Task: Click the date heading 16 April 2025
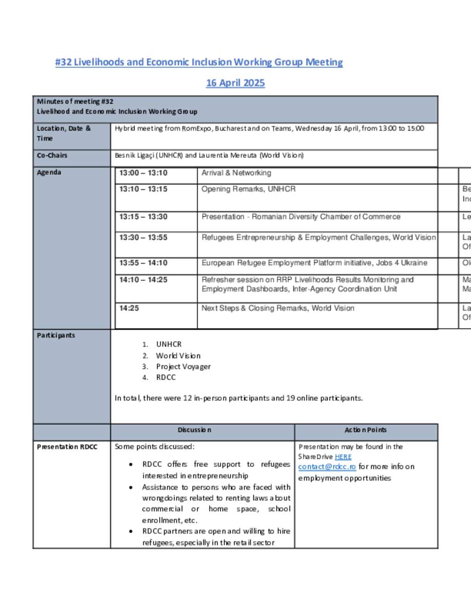[x=235, y=83]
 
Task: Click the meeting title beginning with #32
[x=199, y=63]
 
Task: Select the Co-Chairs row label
[x=52, y=155]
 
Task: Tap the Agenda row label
[x=49, y=172]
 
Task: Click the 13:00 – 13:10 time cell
[x=143, y=173]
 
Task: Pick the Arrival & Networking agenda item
[x=236, y=173]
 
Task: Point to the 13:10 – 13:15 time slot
[x=143, y=189]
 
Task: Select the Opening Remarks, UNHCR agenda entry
[x=248, y=189]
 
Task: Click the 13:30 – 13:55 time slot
[x=143, y=238]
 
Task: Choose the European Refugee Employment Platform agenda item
[x=314, y=263]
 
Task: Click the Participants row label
[x=56, y=336]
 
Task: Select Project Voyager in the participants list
[x=183, y=367]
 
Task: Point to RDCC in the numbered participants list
[x=166, y=377]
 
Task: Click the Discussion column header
[x=195, y=430]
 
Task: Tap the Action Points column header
[x=366, y=430]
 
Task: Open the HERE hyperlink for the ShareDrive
[x=343, y=457]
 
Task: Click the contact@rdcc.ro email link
[x=327, y=467]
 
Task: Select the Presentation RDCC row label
[x=67, y=447]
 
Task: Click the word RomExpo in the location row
[x=196, y=129]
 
